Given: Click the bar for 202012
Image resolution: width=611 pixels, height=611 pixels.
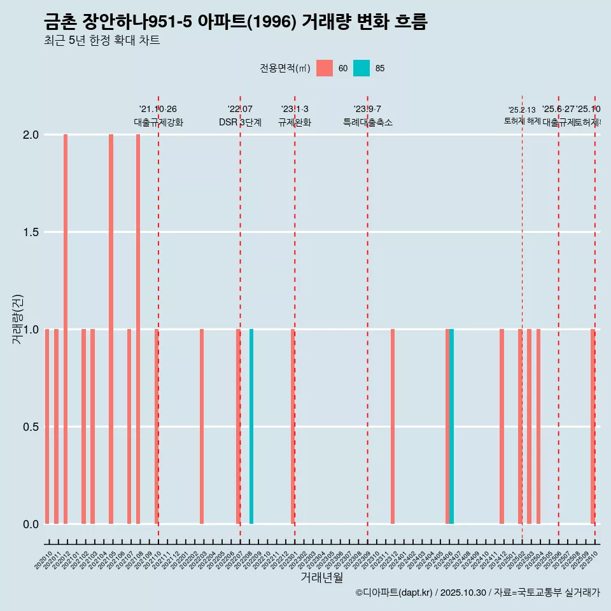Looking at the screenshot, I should coord(66,329).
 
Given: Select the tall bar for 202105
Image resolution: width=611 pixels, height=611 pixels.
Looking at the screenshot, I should coord(111,329).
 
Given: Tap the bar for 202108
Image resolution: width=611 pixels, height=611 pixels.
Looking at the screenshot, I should coord(138,329).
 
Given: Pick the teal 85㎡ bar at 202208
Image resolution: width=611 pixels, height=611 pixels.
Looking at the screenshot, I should coord(251,426).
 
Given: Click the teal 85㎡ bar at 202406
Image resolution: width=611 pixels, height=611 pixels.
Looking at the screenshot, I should coord(452,426).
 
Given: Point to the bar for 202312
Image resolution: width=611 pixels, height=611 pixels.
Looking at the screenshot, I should coord(393,426).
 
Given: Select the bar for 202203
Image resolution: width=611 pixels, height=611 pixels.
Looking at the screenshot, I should coord(202,426).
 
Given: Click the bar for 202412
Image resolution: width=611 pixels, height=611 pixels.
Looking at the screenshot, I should coord(502,426).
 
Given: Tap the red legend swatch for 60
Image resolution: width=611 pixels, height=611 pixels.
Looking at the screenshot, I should coord(325,68).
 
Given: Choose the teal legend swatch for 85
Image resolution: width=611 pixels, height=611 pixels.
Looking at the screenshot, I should coord(362,68).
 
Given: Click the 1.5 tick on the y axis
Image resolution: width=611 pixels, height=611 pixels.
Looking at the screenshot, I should coord(30,232).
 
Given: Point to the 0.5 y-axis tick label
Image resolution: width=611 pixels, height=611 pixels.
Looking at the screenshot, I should coord(30,427).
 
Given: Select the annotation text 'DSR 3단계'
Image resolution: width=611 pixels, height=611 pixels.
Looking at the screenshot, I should coord(240,122).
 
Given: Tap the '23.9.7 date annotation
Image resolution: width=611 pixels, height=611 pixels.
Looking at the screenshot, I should coord(367,109).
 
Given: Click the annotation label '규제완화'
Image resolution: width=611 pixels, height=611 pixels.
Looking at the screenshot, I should coord(295,122).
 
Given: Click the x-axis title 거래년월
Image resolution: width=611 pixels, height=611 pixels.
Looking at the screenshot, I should coord(321,577).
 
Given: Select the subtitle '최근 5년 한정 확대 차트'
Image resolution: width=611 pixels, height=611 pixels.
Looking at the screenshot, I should coord(102,41).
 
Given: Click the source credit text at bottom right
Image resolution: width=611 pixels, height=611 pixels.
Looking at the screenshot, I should coord(477,593).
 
